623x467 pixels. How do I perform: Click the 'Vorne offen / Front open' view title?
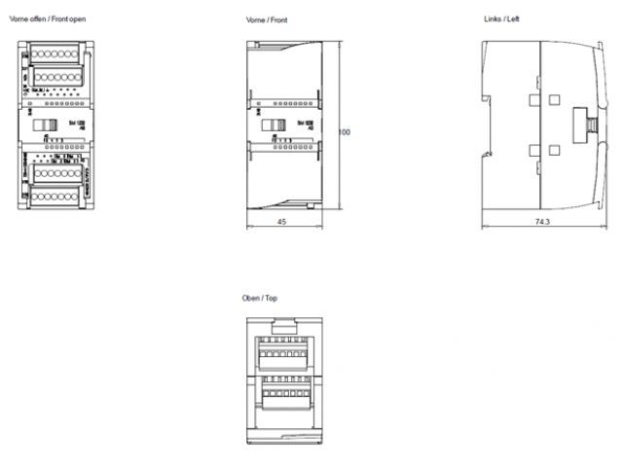pos(48,18)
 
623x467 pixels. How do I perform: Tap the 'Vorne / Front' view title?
pos(268,19)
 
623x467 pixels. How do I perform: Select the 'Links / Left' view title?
pos(501,18)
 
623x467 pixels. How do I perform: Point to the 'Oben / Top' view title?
pos(260,298)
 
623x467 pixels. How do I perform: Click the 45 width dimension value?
pos(281,222)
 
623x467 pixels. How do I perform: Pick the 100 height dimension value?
pos(344,131)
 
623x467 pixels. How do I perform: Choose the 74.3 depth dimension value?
pos(542,222)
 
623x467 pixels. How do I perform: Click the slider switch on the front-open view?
pos(43,126)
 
